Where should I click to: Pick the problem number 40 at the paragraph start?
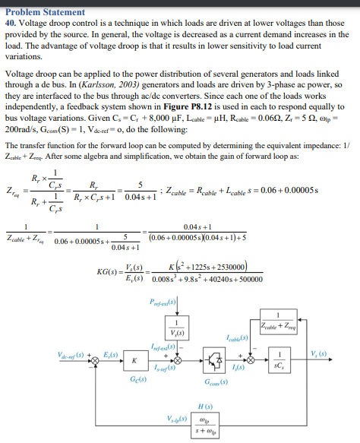coord(9,17)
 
